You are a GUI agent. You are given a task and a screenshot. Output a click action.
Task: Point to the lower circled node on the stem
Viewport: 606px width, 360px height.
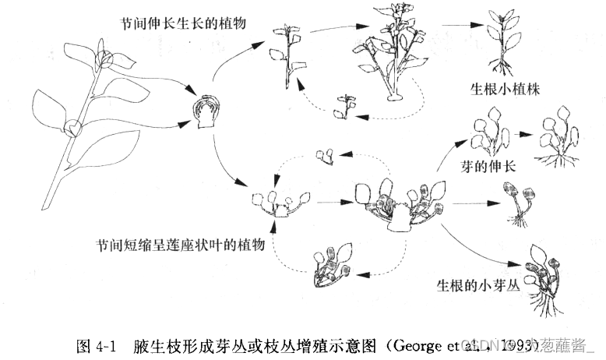coord(72,127)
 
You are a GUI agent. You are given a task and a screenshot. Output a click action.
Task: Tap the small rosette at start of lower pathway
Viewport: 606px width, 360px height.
coord(275,200)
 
